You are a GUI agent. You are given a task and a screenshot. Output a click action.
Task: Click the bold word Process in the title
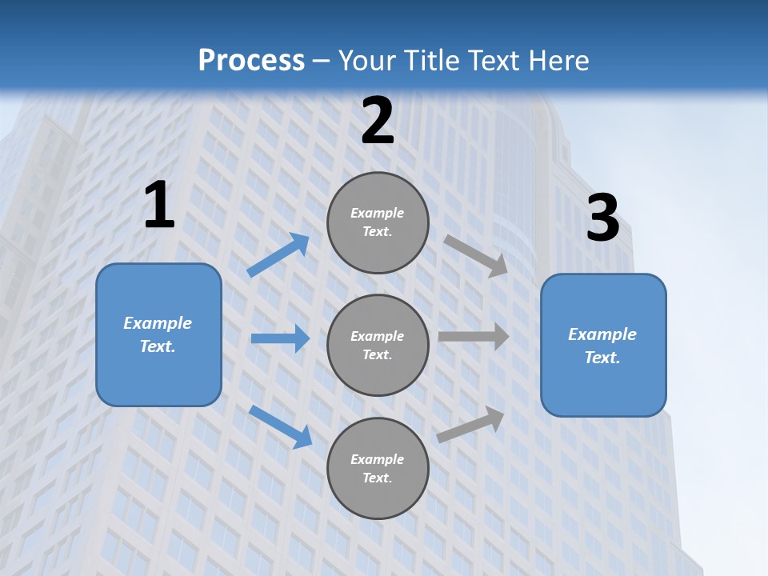[x=251, y=61]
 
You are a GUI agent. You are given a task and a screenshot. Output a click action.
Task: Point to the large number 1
[x=159, y=206]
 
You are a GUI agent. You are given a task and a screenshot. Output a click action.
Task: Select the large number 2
[x=378, y=121]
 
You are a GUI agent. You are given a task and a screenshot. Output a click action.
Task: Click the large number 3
[x=602, y=218]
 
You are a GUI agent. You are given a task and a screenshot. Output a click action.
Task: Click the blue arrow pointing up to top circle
[x=278, y=255]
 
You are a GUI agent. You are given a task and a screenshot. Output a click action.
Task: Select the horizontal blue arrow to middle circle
[x=280, y=338]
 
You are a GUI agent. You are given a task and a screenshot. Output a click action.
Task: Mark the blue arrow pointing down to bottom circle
[x=280, y=426]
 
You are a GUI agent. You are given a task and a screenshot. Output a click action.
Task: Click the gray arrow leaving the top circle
[x=476, y=255]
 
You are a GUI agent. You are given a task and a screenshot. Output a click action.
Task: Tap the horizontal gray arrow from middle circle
[x=474, y=337]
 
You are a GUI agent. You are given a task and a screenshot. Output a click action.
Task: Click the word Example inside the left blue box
[x=158, y=323]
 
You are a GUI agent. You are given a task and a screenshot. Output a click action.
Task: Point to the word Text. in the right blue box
[x=602, y=358]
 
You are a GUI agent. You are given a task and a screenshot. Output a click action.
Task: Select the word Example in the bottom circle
[x=378, y=459]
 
